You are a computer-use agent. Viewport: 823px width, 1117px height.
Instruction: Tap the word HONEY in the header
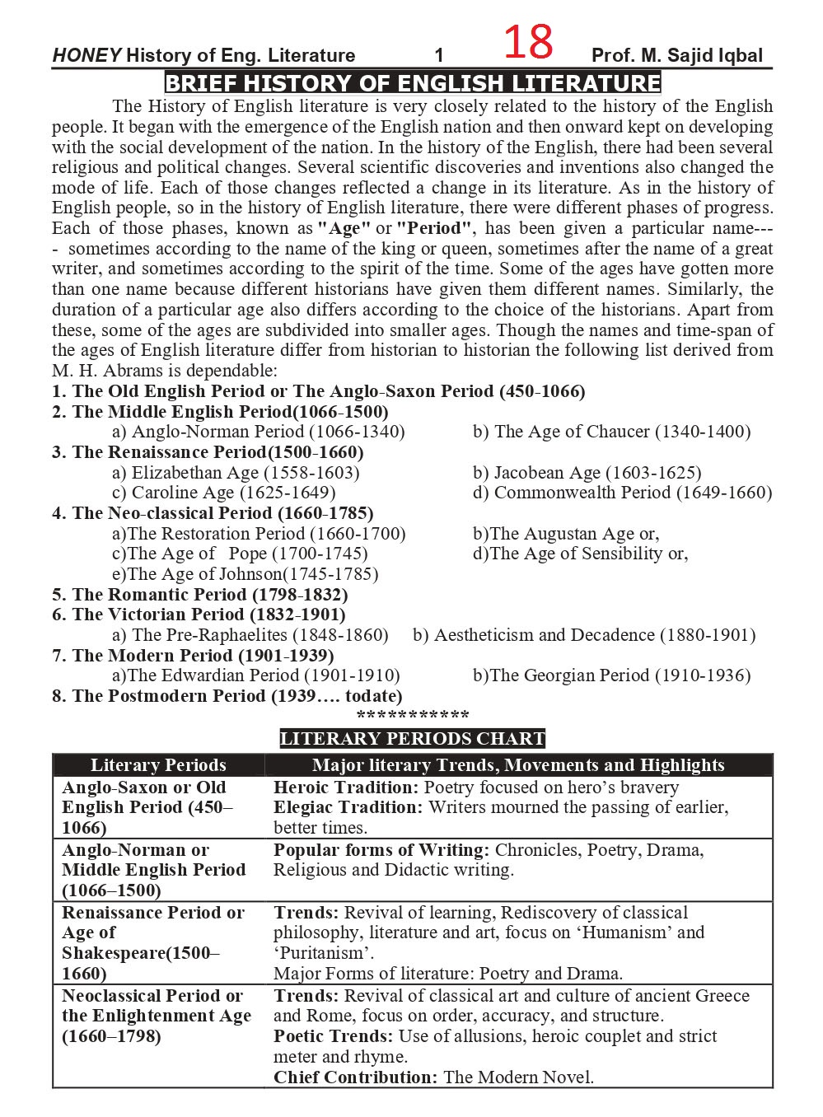[87, 56]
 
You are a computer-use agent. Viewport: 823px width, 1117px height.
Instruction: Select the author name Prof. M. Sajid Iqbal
[676, 56]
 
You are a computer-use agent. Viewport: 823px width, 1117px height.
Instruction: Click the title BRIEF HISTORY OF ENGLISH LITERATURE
[413, 83]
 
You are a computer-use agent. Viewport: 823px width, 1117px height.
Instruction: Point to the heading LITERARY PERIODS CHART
[413, 739]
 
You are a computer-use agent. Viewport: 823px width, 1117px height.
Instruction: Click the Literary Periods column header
[158, 765]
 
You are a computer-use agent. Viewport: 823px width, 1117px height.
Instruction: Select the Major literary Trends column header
[518, 765]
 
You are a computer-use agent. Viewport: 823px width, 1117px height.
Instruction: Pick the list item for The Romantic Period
[200, 595]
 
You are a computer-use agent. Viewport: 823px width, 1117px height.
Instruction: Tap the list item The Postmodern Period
[227, 696]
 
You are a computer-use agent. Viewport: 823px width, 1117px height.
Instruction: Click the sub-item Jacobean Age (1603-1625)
[587, 473]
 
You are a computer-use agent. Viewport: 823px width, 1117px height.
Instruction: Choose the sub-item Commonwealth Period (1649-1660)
[622, 493]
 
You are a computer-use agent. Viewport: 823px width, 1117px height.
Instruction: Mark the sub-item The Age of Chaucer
[612, 432]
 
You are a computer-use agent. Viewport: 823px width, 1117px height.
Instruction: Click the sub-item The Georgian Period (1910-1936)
[612, 675]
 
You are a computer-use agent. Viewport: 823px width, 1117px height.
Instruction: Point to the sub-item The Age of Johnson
[245, 574]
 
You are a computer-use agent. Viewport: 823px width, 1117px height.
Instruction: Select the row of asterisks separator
[413, 715]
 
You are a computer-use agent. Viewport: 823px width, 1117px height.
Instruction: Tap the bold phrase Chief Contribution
[355, 1077]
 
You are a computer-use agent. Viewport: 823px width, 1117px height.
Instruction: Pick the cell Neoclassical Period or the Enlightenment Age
[157, 1016]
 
